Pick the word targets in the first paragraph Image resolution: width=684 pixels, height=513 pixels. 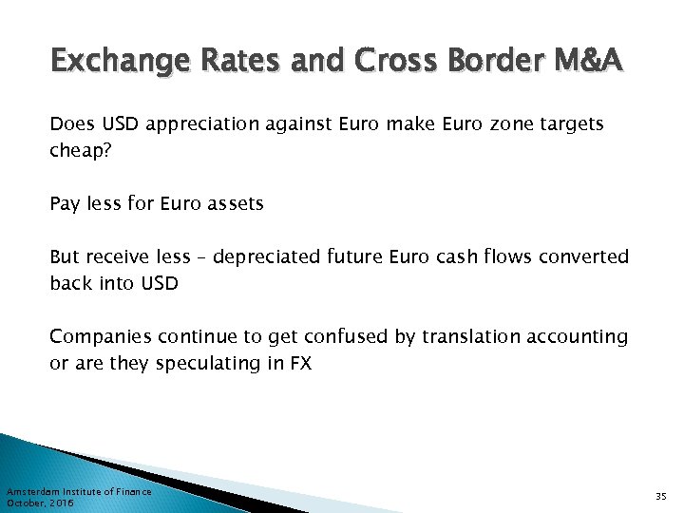pos(571,124)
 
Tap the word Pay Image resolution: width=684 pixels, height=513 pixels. pos(65,203)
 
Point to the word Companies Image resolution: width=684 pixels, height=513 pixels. pos(100,336)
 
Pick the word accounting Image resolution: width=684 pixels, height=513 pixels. pos(580,336)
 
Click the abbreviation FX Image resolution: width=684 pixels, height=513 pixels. pos(300,363)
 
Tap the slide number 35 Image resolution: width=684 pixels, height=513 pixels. pos(661,496)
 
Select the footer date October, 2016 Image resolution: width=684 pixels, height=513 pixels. pos(40,503)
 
